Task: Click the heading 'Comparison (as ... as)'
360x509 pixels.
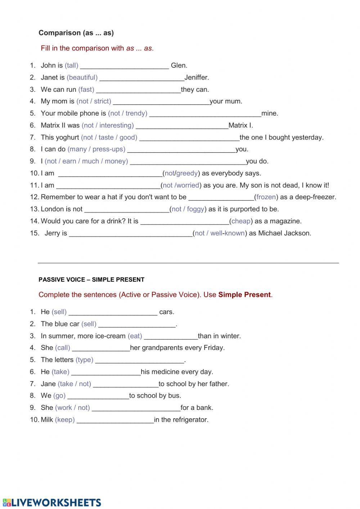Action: click(x=76, y=33)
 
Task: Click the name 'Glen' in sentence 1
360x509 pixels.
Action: click(x=178, y=65)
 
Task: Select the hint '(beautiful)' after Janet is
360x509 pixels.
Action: click(x=82, y=77)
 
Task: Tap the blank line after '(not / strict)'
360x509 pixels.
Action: click(x=161, y=102)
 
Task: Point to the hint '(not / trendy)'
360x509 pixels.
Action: click(x=127, y=113)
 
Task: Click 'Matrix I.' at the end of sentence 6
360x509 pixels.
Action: click(x=240, y=125)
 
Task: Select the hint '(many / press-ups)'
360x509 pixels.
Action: click(x=96, y=149)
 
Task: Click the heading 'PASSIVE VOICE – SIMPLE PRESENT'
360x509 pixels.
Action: click(x=91, y=280)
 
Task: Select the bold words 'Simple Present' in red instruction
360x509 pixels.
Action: click(x=244, y=295)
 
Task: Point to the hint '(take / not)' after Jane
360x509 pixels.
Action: click(x=74, y=384)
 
